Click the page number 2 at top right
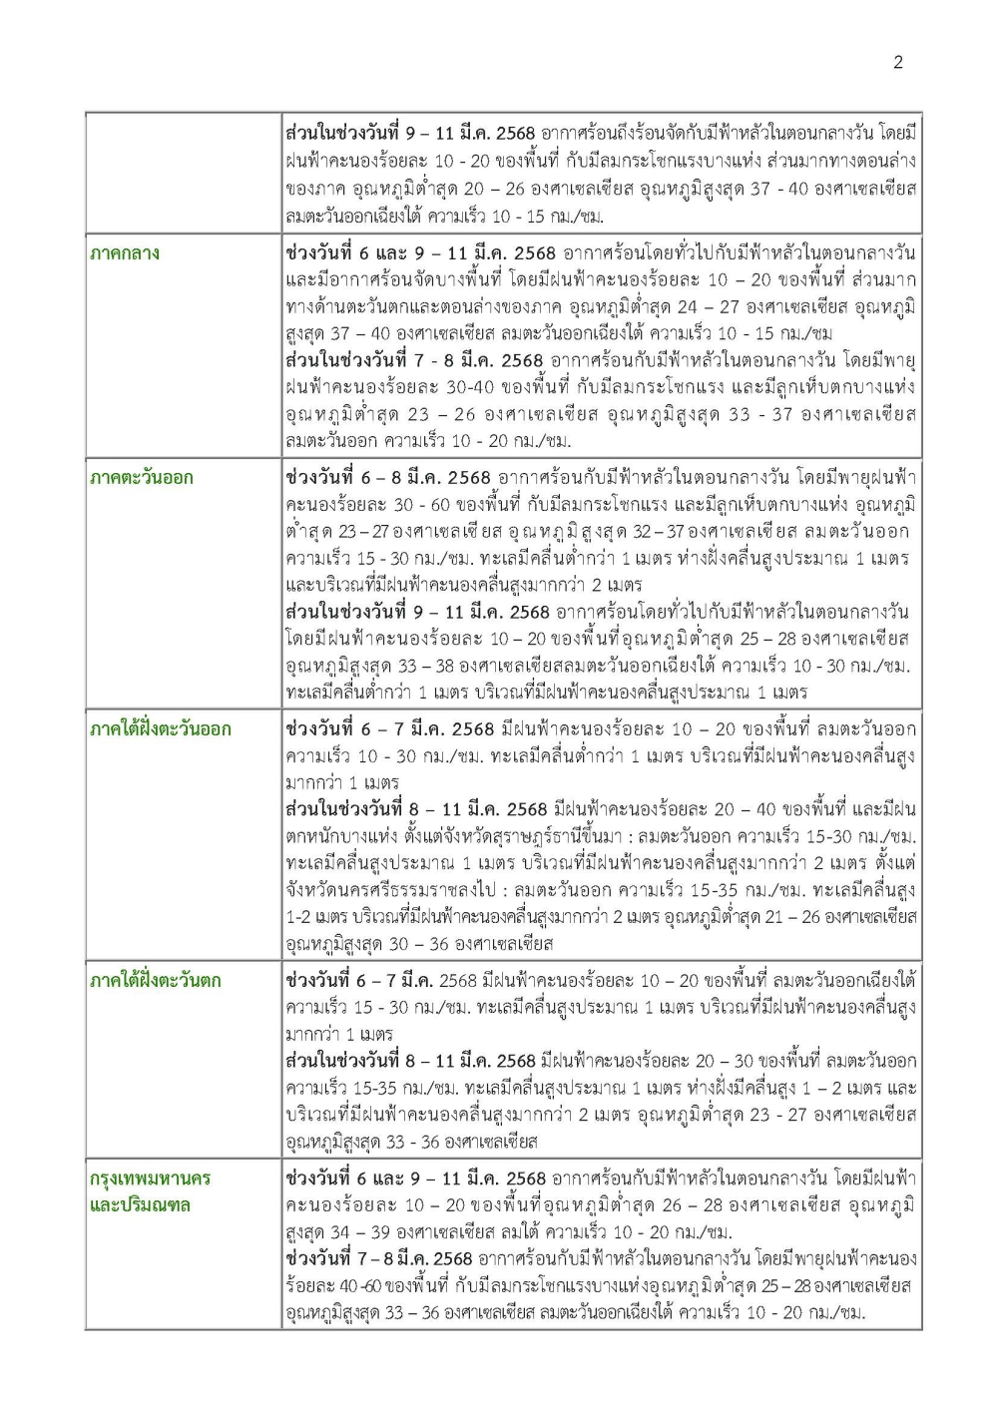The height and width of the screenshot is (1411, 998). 897,62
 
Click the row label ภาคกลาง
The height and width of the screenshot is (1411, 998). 125,253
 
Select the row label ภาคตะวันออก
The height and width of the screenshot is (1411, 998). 141,478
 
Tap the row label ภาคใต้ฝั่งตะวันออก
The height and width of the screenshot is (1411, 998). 160,729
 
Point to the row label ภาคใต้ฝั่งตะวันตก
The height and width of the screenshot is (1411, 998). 156,981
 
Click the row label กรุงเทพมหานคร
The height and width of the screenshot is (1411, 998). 150,1178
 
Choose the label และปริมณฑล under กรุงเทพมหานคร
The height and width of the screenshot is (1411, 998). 140,1205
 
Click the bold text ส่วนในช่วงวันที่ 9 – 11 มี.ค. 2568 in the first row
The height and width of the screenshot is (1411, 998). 410,134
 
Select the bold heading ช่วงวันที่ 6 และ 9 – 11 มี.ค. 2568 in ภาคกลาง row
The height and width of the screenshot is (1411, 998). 420,253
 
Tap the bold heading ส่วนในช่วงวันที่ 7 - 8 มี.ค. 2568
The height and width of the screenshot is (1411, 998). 414,360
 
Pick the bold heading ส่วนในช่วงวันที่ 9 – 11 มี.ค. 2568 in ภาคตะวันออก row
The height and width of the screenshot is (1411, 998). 417,612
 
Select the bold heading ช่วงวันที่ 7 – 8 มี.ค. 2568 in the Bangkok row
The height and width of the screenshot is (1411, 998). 378,1259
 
